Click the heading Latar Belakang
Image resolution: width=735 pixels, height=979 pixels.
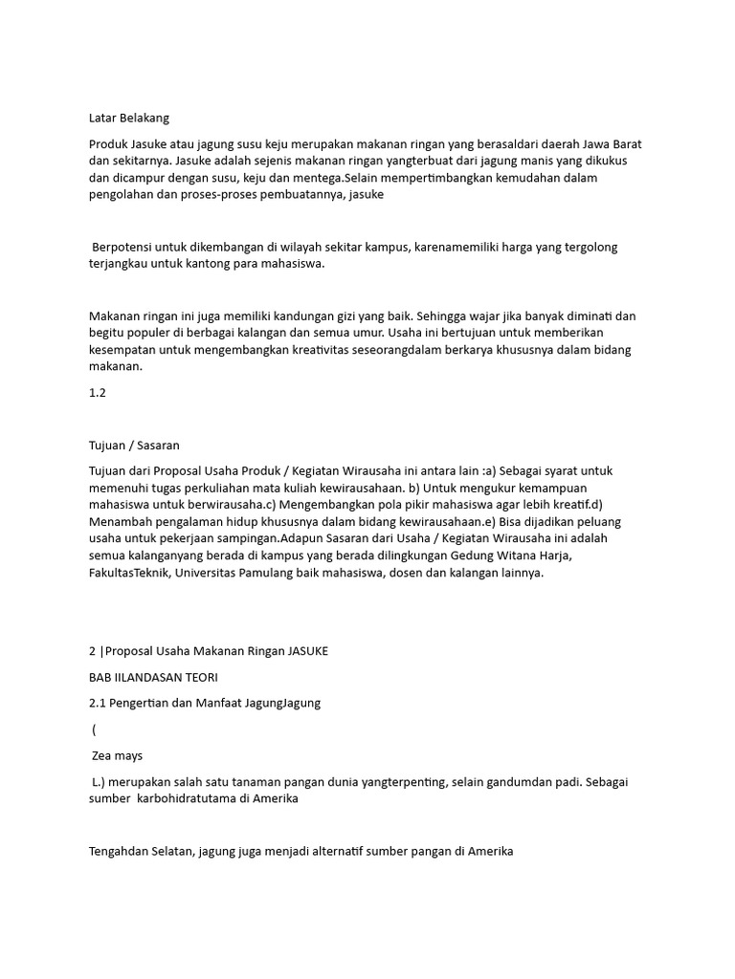point(128,118)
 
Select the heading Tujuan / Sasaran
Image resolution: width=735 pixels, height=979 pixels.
point(134,445)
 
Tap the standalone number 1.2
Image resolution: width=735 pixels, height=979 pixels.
point(97,392)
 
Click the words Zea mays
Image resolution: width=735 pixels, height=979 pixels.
point(117,755)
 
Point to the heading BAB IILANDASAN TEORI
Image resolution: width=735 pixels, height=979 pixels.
point(153,677)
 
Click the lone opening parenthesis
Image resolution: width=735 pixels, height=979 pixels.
point(95,729)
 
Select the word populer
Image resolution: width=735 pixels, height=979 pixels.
point(148,333)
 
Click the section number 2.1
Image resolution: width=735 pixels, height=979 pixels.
point(97,703)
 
